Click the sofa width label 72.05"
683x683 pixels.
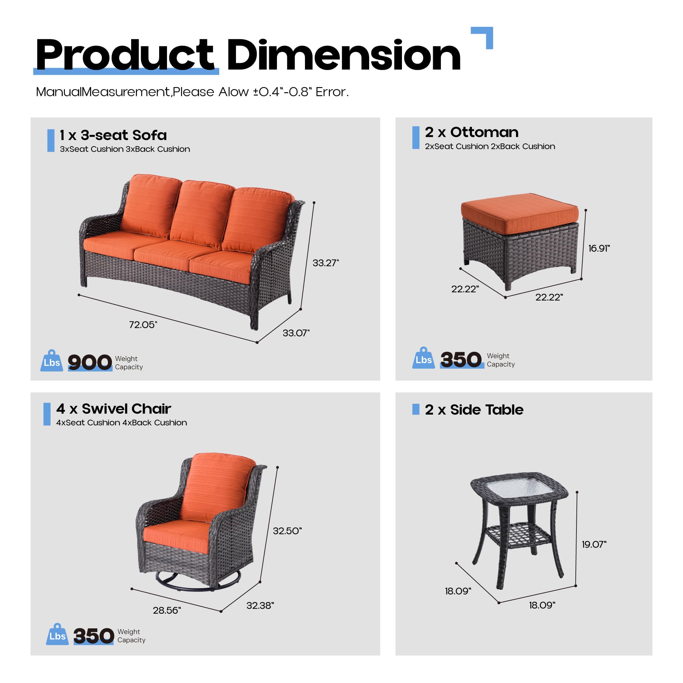coord(143,324)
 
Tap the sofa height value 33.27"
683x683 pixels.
coord(325,263)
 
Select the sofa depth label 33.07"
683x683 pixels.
coord(296,333)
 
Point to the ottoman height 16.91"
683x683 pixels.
coord(599,248)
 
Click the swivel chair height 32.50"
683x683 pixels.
coord(287,531)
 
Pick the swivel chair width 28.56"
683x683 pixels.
coord(167,610)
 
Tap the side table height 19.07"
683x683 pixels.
coord(594,544)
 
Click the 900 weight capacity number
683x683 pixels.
coord(90,362)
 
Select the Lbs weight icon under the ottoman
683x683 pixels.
coord(423,358)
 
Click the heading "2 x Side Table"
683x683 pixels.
coord(474,409)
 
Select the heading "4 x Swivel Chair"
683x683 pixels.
coord(113,409)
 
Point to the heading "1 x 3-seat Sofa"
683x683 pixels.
coord(113,135)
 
